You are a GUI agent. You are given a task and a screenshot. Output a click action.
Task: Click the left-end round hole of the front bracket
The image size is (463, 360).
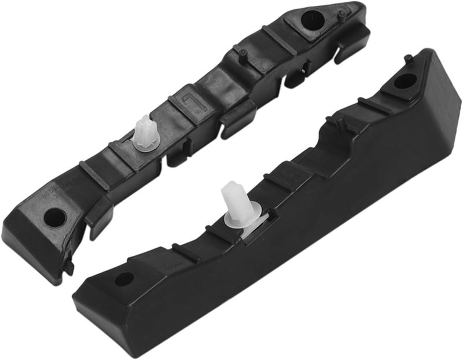(x=123, y=279)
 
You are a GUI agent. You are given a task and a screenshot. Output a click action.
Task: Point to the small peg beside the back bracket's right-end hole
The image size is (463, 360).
(x=342, y=12)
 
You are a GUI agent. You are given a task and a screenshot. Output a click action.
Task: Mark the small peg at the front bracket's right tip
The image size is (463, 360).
(x=409, y=57)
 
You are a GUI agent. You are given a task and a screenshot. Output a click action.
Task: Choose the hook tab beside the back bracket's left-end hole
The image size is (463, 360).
(x=95, y=223)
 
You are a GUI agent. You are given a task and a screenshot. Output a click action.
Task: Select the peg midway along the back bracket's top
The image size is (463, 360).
(x=241, y=53)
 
